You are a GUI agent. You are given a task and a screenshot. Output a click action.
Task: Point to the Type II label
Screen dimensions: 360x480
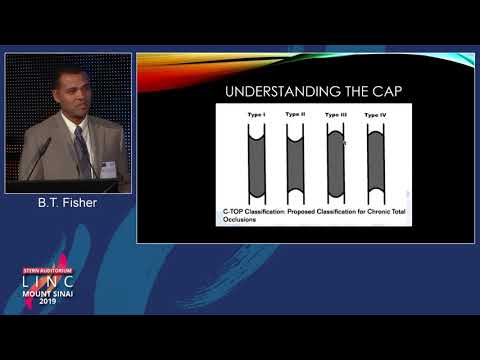coord(296,115)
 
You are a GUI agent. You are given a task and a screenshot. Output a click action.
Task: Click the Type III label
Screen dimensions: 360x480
coord(336,116)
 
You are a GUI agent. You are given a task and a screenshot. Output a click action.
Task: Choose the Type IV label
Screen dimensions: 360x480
coord(376,116)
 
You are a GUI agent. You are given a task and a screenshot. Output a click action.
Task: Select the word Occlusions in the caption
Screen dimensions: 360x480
coord(242,220)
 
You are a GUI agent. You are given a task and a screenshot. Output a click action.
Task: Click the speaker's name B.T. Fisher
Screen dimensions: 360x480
coord(67,203)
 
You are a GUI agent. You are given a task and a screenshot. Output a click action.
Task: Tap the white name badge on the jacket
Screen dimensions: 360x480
coord(107,169)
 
